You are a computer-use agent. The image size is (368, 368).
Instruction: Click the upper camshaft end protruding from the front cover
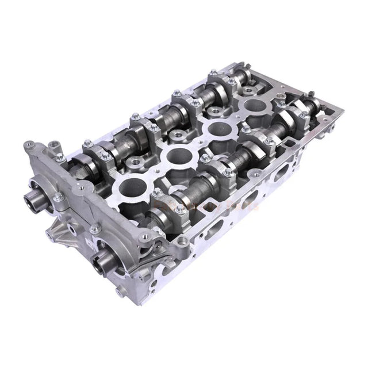tap(33, 202)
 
